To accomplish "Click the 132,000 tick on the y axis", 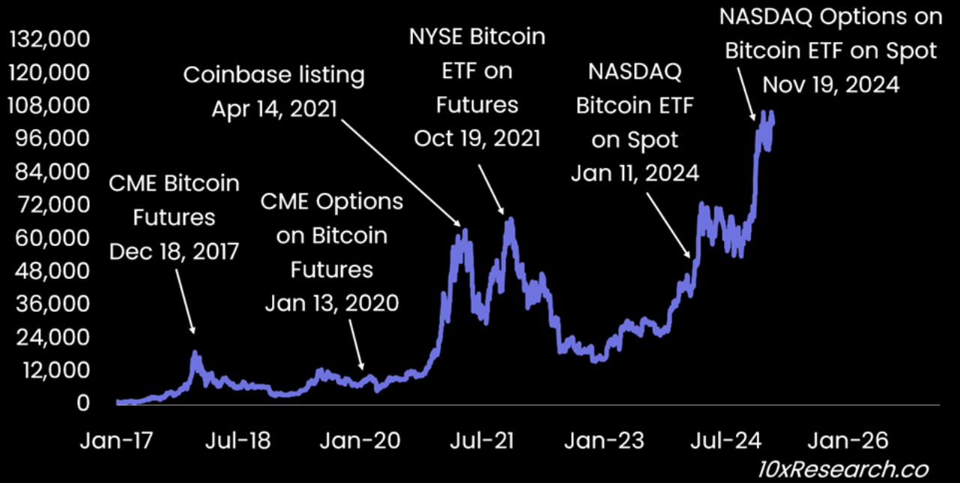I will coord(48,39).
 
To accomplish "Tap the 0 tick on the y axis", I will coord(82,403).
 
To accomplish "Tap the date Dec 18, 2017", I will coord(175,251).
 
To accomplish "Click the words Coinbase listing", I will coord(274,75).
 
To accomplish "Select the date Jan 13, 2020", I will coord(331,302).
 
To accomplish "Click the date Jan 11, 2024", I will coord(635,173).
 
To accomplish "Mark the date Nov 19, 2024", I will coord(830,85).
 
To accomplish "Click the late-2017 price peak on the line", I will coord(196,352).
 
